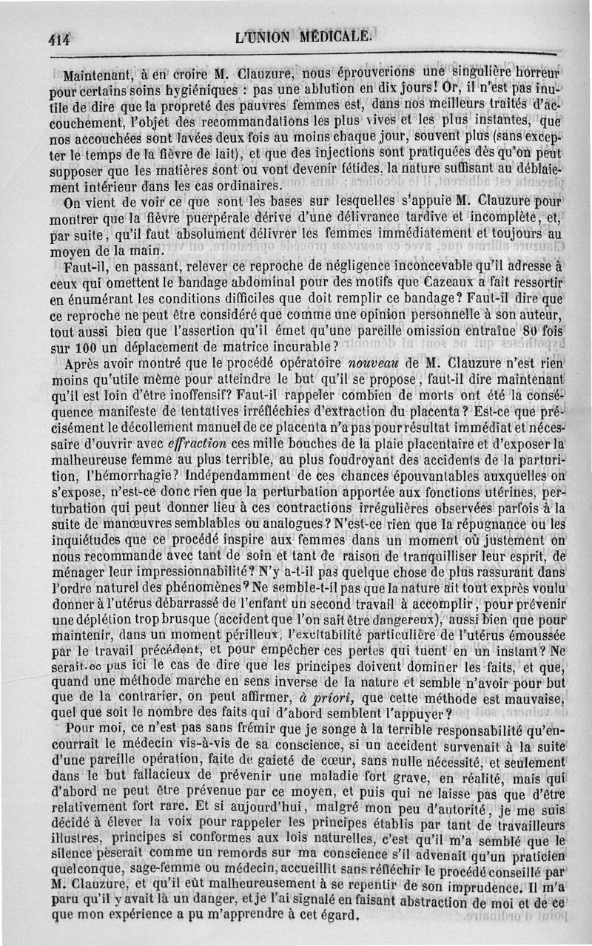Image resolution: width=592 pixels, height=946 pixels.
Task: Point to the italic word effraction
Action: tap(190, 445)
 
